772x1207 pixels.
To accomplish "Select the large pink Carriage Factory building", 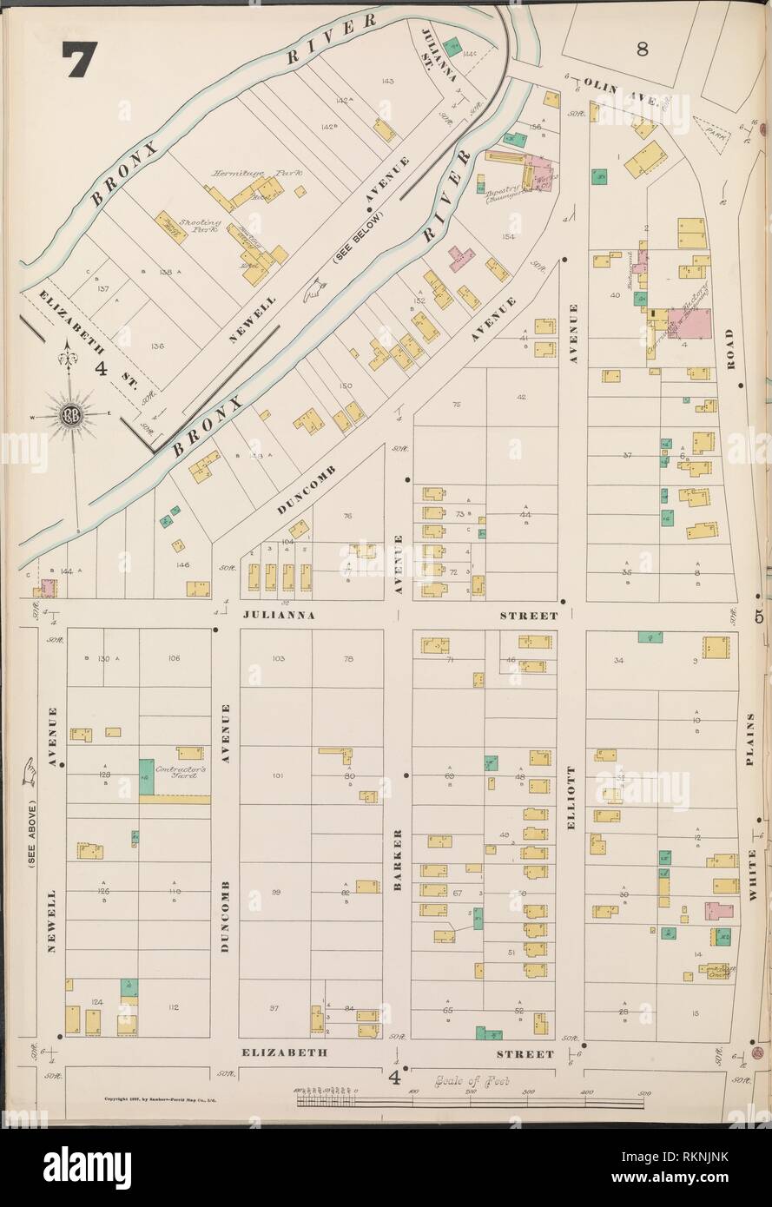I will [x=688, y=323].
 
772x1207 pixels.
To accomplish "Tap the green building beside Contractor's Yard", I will [x=146, y=776].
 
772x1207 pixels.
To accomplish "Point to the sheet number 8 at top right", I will [x=642, y=49].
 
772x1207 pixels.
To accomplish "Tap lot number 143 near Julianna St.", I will [x=387, y=82].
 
